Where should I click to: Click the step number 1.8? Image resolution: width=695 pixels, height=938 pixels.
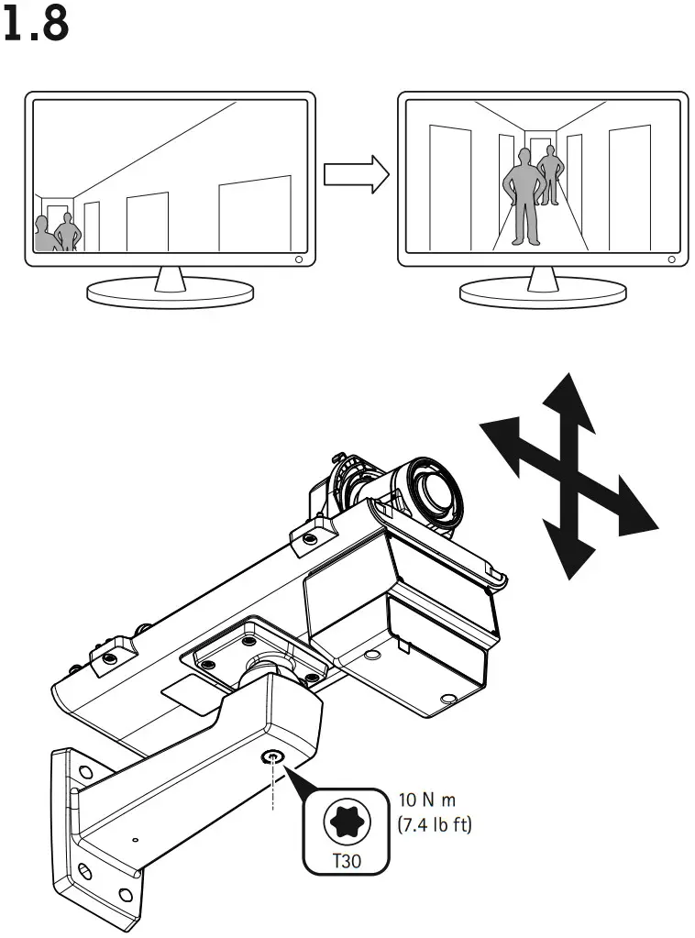click(36, 24)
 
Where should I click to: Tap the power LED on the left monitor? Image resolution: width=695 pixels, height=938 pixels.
click(300, 259)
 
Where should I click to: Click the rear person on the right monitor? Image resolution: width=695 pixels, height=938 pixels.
click(551, 174)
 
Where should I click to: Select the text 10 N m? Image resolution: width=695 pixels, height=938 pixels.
click(427, 800)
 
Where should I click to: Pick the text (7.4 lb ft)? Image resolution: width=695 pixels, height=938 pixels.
click(435, 825)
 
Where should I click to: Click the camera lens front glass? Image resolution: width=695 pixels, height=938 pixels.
click(438, 492)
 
